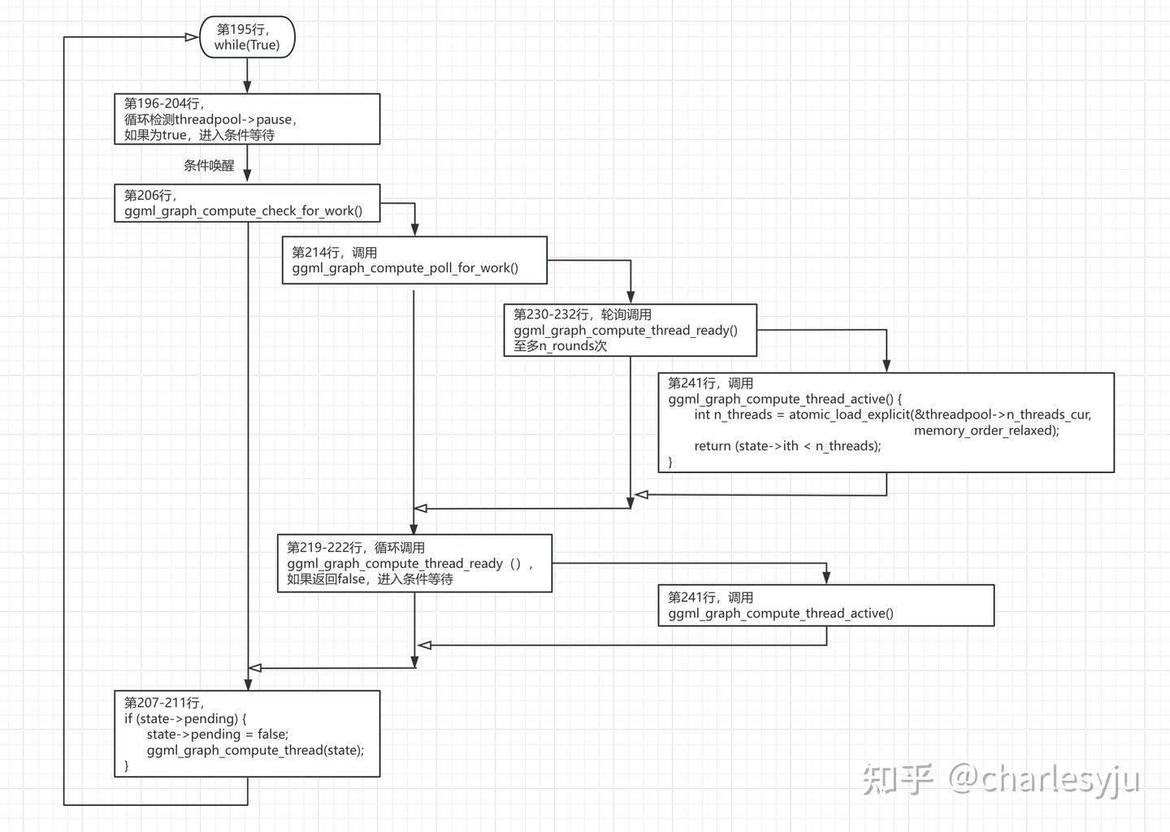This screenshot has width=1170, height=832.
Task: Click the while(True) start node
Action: click(247, 37)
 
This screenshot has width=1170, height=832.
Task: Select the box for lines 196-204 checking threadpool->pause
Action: click(247, 119)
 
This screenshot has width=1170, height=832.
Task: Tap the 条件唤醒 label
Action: click(209, 166)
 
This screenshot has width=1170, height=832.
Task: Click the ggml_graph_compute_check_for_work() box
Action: click(247, 203)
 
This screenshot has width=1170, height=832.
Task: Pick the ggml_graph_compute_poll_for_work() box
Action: click(414, 260)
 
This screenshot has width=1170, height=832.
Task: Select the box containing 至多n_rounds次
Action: click(630, 330)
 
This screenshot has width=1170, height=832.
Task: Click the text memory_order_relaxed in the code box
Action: click(986, 431)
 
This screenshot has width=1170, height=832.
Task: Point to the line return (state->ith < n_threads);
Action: click(786, 446)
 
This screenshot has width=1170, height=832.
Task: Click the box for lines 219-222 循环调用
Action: click(414, 563)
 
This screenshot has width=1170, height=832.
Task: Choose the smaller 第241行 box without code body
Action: click(825, 605)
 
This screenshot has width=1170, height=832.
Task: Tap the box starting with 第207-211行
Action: click(247, 734)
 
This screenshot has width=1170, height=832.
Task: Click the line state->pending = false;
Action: click(217, 734)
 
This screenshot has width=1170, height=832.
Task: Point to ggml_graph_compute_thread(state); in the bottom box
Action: click(255, 750)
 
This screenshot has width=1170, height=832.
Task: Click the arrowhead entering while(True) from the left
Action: click(193, 37)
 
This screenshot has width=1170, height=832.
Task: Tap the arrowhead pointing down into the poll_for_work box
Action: click(414, 231)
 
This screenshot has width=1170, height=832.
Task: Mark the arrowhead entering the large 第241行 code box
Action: click(886, 366)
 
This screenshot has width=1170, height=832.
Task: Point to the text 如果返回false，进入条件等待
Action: click(370, 579)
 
